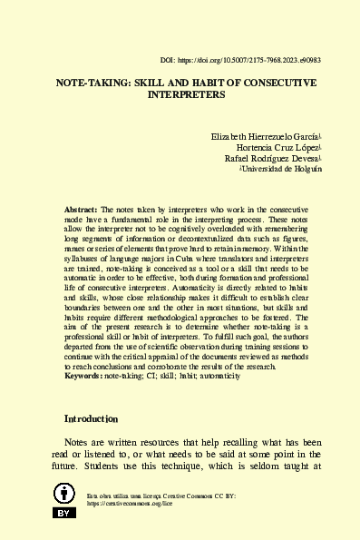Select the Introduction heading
91,419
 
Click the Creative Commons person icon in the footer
63,494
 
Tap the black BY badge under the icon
63,514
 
